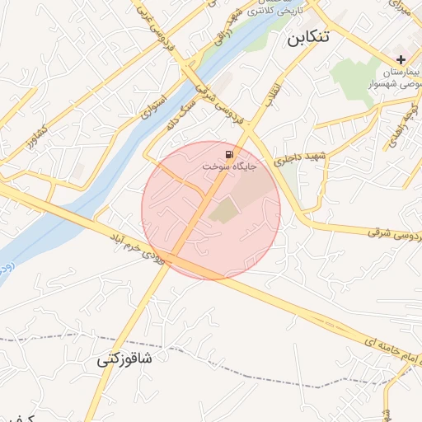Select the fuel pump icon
(x=228, y=154)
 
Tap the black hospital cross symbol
(x=401, y=59)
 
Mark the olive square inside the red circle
(x=223, y=211)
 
